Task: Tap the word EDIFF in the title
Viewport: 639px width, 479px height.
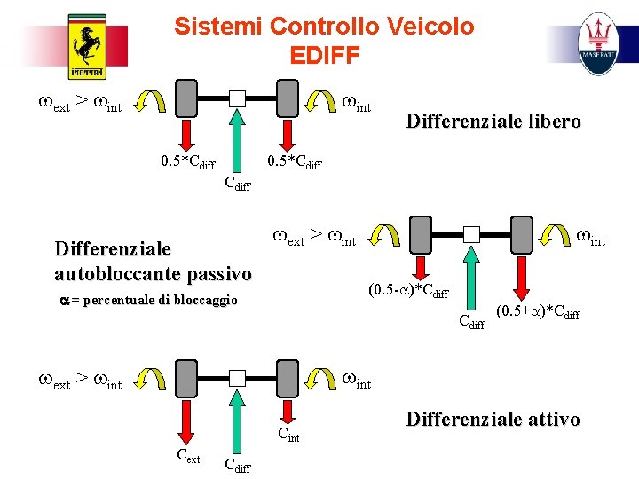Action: (324, 55)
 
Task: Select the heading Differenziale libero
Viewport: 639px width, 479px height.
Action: (493, 122)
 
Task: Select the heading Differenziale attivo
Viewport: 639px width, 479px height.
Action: (493, 419)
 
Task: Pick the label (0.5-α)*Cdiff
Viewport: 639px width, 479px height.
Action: (407, 290)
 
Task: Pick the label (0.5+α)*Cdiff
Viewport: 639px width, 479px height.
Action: (538, 311)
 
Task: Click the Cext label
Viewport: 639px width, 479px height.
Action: (186, 457)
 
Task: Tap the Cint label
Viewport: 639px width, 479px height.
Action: (288, 435)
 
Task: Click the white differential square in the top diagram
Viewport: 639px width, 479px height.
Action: (237, 98)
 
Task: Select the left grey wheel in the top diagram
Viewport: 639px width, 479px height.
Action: (186, 98)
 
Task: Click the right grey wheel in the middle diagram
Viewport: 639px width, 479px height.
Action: (522, 234)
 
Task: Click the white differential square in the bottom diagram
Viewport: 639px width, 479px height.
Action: (237, 377)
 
